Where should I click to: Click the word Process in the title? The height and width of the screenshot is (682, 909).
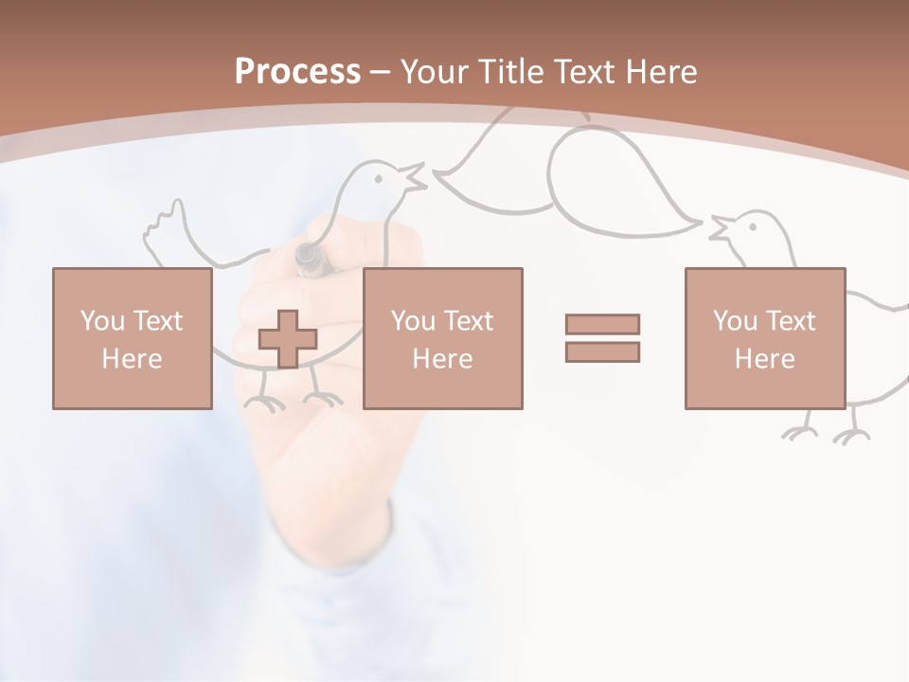(297, 71)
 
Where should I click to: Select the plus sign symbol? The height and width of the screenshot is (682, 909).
(288, 339)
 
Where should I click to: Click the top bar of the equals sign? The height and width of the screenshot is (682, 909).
(602, 324)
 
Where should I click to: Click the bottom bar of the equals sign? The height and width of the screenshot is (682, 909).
(602, 352)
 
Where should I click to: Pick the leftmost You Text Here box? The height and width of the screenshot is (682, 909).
(132, 338)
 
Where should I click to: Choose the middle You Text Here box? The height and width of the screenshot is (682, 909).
(442, 338)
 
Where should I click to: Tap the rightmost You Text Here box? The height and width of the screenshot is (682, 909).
(764, 338)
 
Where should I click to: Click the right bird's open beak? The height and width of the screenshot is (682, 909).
(721, 228)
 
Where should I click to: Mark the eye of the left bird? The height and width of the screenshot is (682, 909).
(380, 175)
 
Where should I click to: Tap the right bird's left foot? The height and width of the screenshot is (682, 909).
(800, 432)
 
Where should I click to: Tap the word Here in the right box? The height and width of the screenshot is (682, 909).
(764, 359)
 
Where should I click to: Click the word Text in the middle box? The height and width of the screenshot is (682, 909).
(468, 320)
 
